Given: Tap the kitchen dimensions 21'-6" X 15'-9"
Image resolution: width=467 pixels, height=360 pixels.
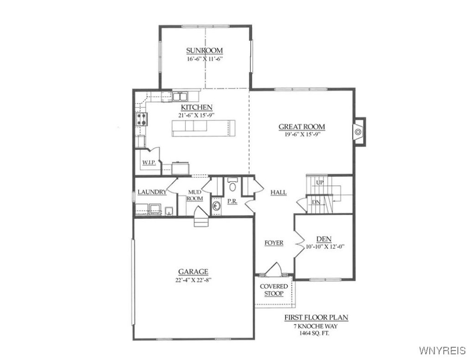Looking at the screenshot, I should [197, 116].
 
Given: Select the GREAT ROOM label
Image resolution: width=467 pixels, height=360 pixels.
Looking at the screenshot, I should [301, 127].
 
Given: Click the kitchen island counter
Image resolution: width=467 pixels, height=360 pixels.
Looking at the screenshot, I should [203, 128].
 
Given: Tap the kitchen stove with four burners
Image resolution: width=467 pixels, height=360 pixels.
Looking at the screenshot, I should [141, 120].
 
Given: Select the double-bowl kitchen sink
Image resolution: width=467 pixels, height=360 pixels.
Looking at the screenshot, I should [180, 97].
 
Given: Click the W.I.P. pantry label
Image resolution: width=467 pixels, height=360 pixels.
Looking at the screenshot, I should [149, 163].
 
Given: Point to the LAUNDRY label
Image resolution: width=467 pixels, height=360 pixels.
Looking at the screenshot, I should [152, 192].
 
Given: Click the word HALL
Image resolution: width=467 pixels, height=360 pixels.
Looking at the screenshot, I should [278, 193].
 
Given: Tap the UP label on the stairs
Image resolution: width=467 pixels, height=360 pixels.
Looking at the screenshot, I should [320, 182].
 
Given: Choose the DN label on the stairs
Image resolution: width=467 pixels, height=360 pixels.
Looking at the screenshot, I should [316, 202].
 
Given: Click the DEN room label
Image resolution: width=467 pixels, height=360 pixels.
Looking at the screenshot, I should [324, 239].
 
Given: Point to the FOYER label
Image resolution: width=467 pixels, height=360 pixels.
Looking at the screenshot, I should [274, 243].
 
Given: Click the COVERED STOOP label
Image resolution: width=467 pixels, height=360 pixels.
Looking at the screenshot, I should [274, 290].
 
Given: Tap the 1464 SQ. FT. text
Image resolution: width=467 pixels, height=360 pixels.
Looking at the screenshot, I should [311, 334].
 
